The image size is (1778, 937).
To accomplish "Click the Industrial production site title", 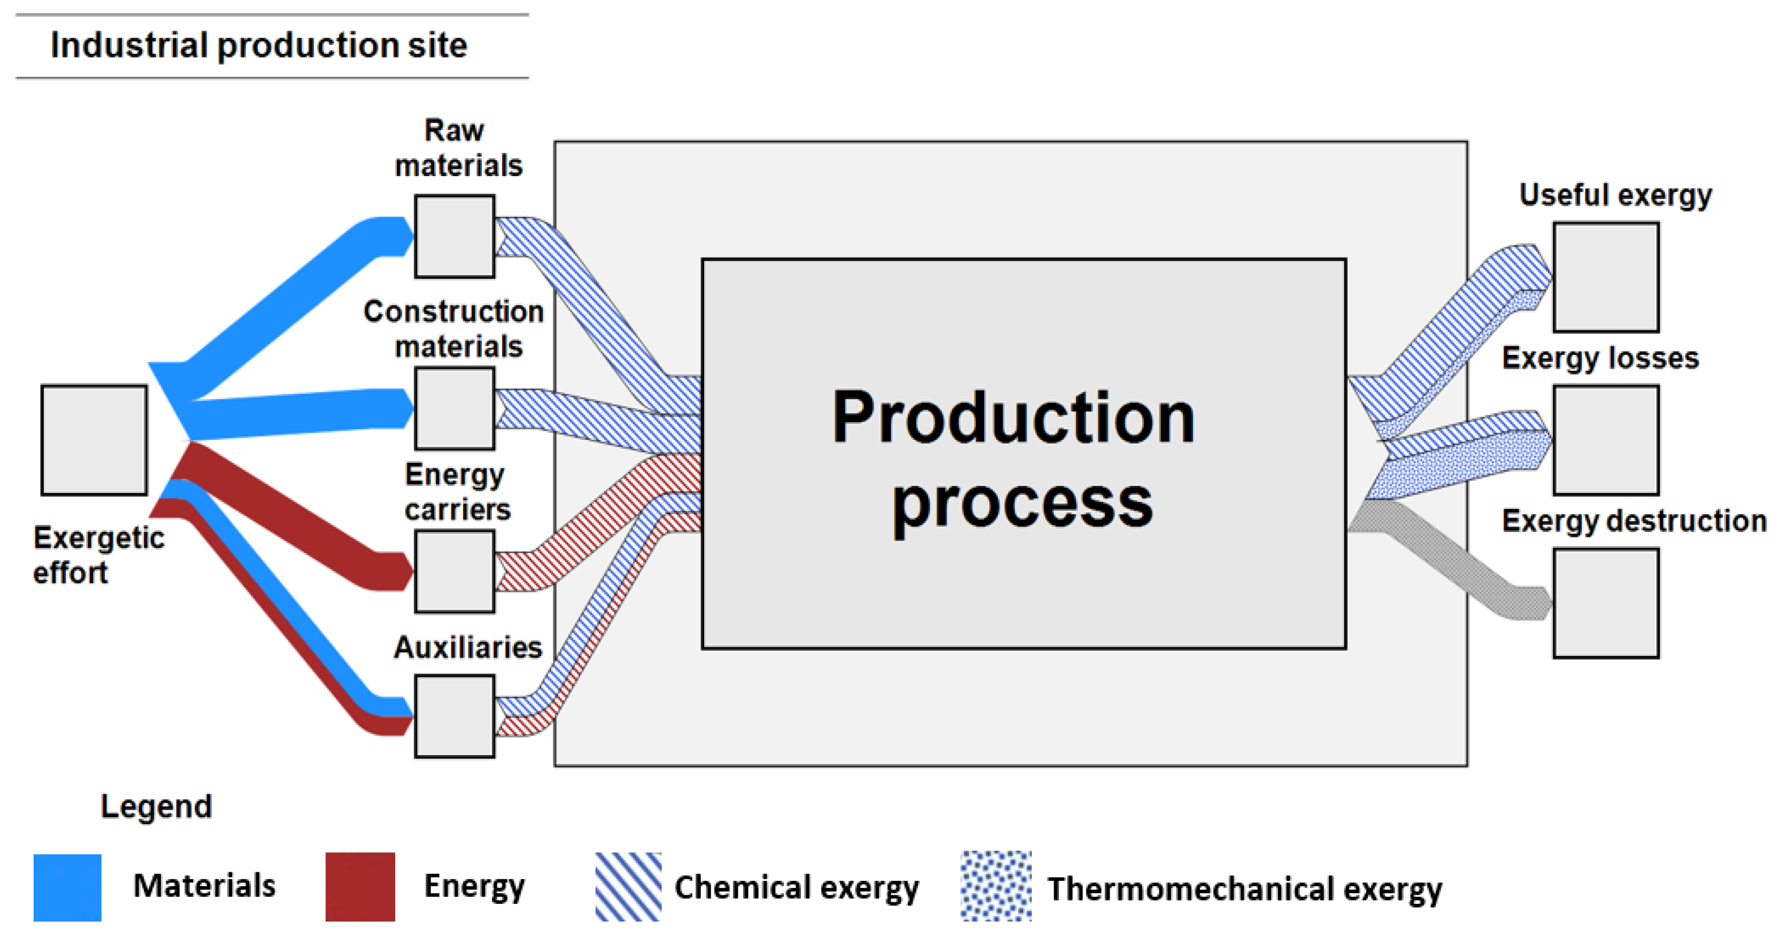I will [x=259, y=45].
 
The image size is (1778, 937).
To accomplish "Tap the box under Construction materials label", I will [x=454, y=409].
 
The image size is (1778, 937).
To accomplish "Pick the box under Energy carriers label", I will [x=454, y=572].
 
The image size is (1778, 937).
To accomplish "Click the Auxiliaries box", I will [x=454, y=717].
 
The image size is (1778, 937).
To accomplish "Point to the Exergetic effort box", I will [x=94, y=440].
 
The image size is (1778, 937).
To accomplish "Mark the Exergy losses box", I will [x=1605, y=440].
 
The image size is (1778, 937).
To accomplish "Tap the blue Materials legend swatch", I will [x=67, y=887].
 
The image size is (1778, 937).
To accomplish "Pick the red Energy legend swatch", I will [x=360, y=887].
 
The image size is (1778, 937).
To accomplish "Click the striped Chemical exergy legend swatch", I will [x=628, y=887].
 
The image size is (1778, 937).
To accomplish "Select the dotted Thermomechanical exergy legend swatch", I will [x=996, y=887].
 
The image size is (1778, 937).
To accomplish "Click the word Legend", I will [x=156, y=806].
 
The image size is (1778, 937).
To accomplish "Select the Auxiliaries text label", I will [x=467, y=647].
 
